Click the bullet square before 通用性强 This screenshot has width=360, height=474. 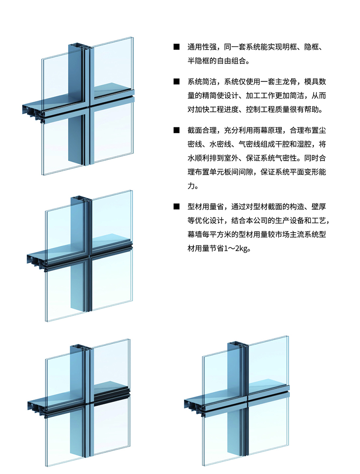click(176, 47)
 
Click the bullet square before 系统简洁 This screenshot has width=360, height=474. click(176, 82)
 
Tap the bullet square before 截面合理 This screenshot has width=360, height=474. click(176, 130)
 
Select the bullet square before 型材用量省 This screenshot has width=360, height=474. click(176, 207)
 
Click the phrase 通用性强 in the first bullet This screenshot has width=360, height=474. click(202, 47)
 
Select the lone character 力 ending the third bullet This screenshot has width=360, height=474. click(191, 186)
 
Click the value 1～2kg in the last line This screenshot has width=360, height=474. click(235, 249)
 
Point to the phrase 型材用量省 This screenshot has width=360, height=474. click(206, 207)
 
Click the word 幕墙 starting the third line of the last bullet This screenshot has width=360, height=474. click(195, 235)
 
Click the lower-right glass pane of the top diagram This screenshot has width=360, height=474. click(112, 133)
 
